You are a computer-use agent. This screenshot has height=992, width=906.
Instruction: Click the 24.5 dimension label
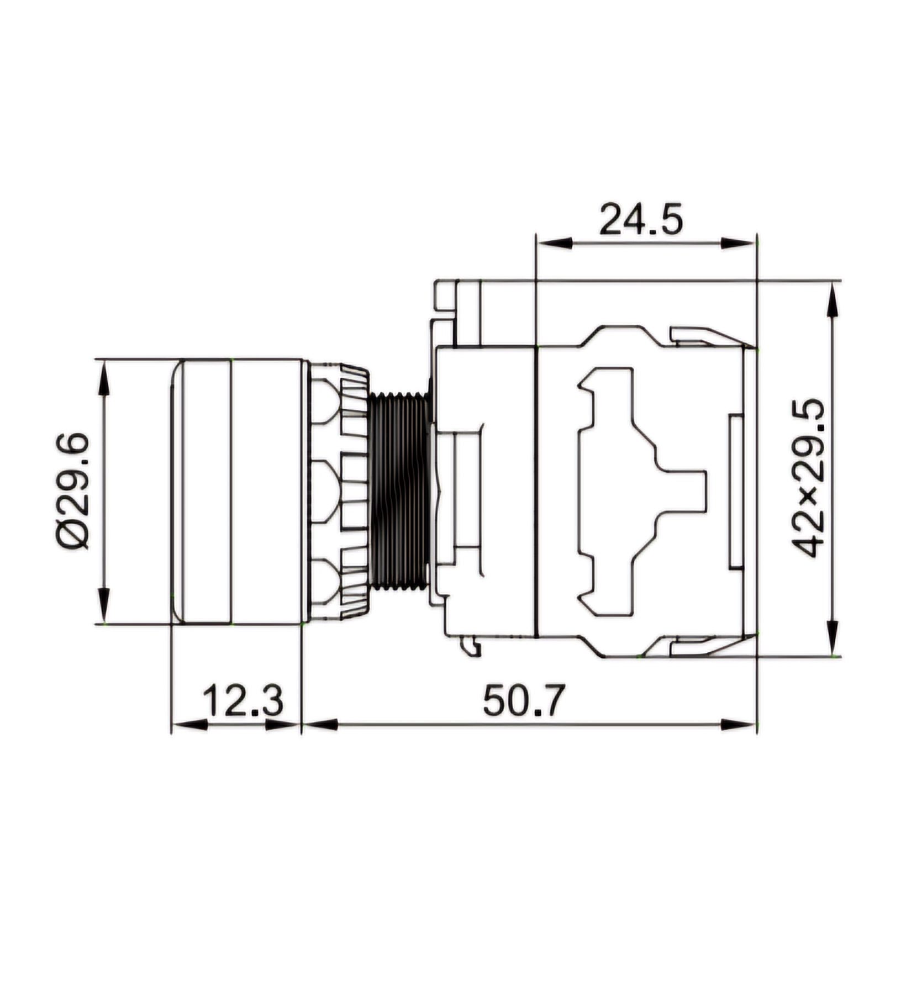[x=641, y=219]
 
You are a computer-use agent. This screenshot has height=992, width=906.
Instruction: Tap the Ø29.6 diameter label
[x=72, y=491]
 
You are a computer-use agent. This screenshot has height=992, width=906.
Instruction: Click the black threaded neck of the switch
[x=399, y=491]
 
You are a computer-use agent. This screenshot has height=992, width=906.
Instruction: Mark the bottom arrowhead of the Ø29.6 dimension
[x=103, y=605]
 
